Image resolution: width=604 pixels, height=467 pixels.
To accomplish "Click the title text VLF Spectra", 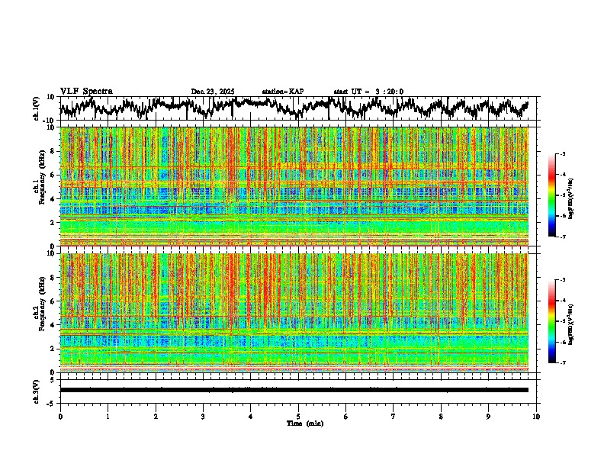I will click(86, 92).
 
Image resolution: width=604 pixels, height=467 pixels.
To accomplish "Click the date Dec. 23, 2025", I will click(213, 92).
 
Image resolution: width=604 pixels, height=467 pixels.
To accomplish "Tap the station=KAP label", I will click(282, 92).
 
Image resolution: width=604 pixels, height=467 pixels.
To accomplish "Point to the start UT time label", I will click(368, 92).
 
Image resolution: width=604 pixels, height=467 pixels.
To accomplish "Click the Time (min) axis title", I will click(304, 423).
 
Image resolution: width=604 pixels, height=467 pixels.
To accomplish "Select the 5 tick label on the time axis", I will click(298, 416).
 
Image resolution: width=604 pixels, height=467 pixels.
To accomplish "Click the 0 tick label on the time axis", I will click(60, 416).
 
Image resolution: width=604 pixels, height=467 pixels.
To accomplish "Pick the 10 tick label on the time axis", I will click(536, 416).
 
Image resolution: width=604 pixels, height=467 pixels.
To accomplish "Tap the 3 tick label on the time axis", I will click(203, 416).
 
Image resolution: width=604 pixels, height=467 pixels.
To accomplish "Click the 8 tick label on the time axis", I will click(441, 416).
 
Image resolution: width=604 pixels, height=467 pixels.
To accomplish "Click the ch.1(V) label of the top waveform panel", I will click(36, 108).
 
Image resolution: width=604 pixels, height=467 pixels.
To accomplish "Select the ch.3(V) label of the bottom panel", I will click(36, 390).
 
